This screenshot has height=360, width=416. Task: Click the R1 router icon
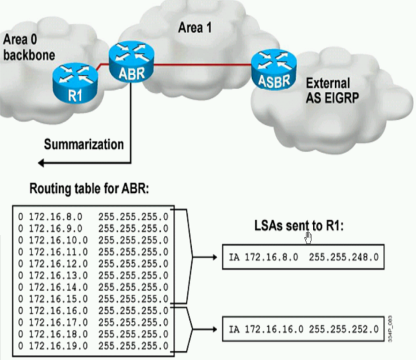point(75,82)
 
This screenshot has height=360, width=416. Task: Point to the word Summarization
point(84,144)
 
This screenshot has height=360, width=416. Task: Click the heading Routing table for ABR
point(88,189)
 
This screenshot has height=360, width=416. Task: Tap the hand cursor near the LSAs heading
point(308,237)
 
